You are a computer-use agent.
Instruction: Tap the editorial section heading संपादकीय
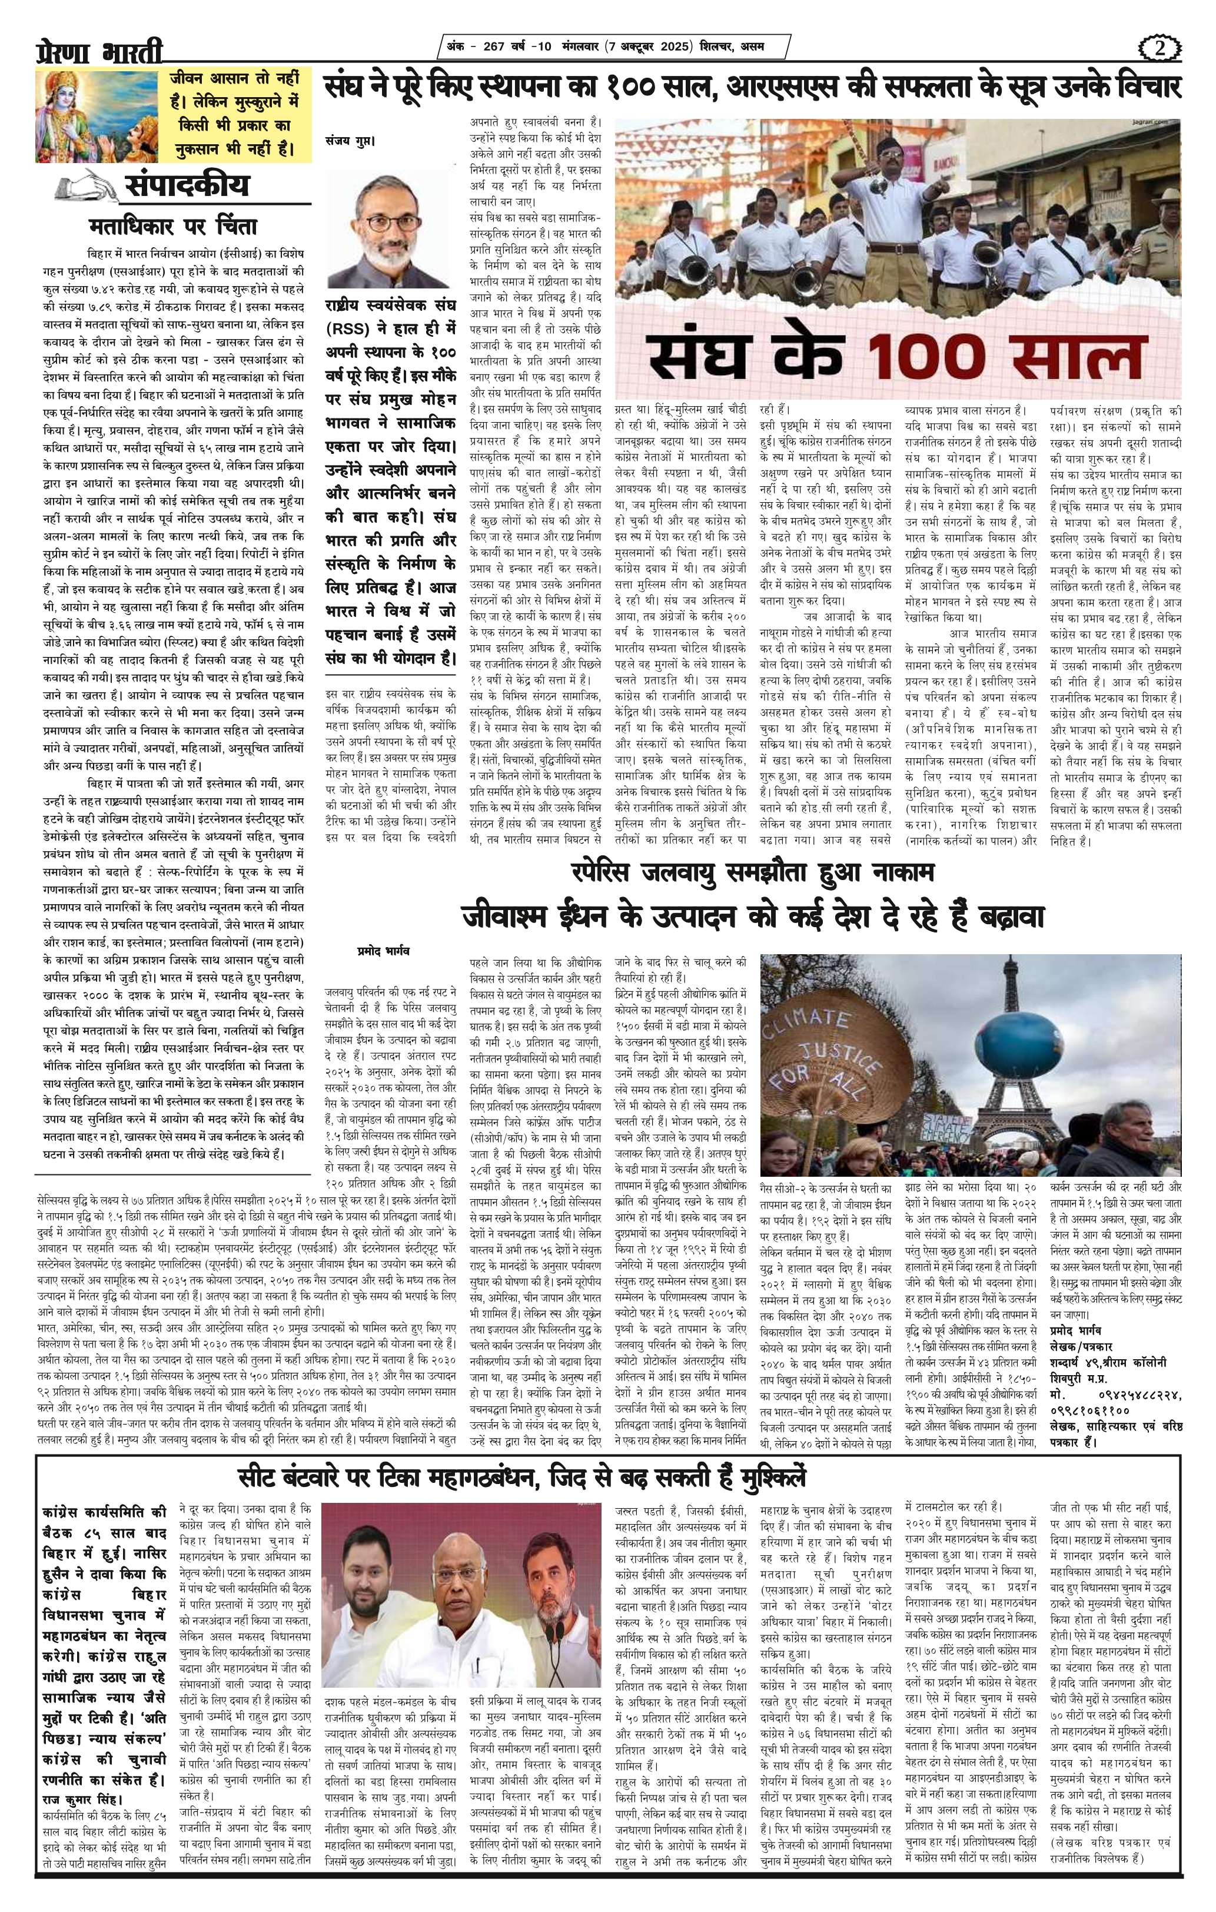(187, 186)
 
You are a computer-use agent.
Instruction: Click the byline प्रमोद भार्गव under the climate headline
(383, 949)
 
